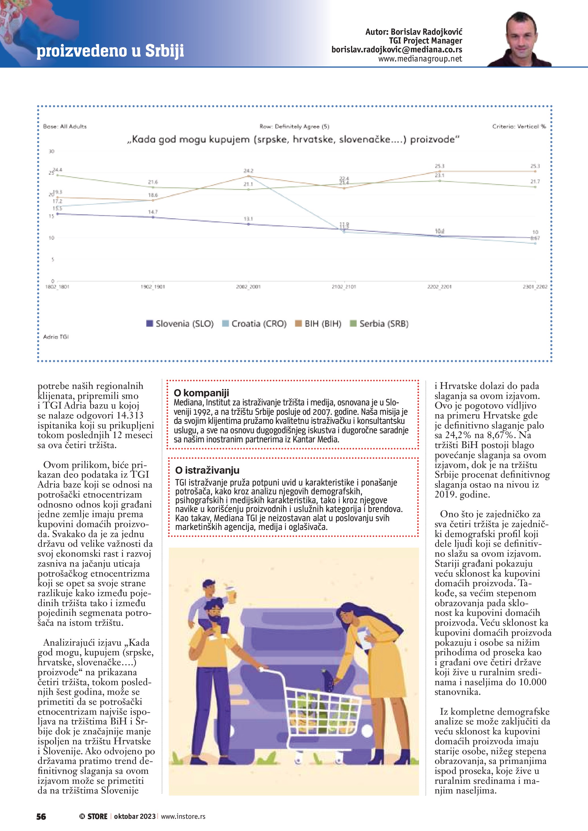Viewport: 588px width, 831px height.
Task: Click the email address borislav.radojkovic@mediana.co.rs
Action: [397, 49]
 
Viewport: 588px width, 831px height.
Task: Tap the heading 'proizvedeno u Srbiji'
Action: [110, 51]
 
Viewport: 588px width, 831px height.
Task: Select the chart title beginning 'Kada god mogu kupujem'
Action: [293, 139]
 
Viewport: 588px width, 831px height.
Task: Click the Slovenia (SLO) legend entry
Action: [180, 324]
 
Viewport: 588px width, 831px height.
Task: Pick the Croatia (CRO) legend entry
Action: [255, 324]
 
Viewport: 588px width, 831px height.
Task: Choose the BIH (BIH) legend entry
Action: [318, 324]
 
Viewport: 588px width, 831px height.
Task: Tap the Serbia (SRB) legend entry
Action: [379, 324]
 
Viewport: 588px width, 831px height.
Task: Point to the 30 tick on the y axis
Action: [51, 151]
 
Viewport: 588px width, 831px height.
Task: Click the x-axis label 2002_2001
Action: [248, 287]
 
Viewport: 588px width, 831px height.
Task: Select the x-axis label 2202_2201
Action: [439, 287]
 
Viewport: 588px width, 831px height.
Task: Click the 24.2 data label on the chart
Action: [248, 171]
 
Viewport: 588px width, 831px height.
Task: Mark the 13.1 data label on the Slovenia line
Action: [248, 219]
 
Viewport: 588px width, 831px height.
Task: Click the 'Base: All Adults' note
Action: [65, 126]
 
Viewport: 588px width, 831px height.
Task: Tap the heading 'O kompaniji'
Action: [201, 393]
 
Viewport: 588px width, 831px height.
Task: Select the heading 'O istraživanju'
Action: [207, 470]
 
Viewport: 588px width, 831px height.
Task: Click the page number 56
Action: [41, 817]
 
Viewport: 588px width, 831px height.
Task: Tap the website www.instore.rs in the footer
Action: [183, 817]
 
